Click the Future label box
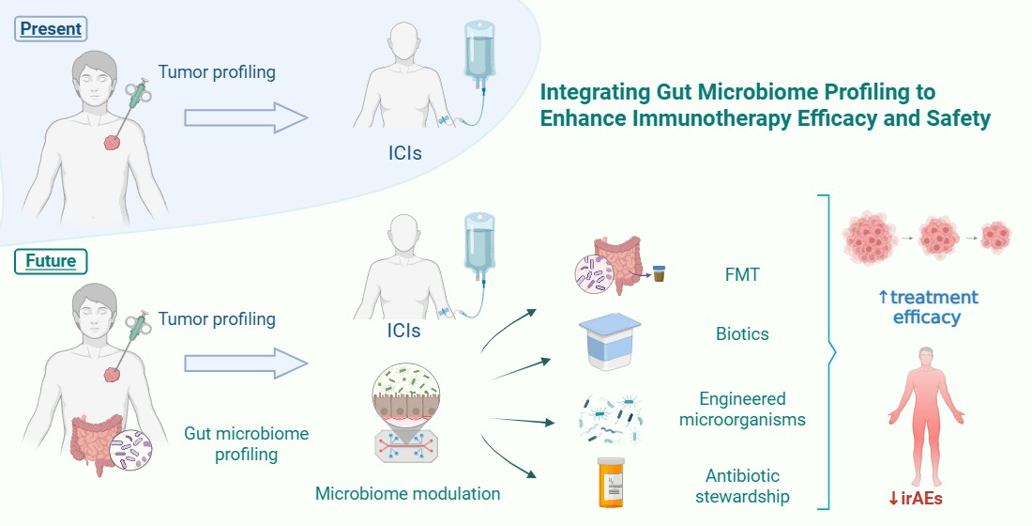(x=52, y=260)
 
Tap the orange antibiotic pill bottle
(x=612, y=483)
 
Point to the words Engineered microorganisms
(x=742, y=410)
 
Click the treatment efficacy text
(x=927, y=307)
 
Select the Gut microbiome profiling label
(x=248, y=444)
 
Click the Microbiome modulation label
(x=407, y=493)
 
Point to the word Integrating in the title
(x=591, y=92)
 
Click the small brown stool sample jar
(x=659, y=274)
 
